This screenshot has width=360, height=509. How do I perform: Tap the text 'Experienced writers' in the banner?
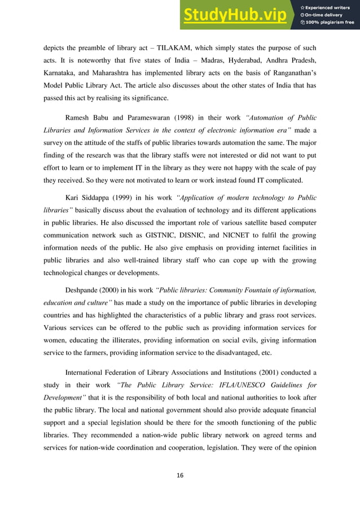330,7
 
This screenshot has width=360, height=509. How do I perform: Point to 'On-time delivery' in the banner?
327,15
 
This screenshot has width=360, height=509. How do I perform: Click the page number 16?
180,475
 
